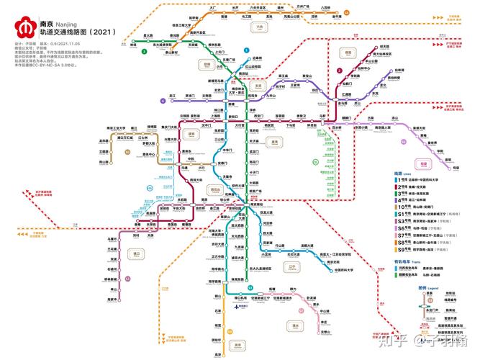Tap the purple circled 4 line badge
164,102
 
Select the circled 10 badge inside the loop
128,152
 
